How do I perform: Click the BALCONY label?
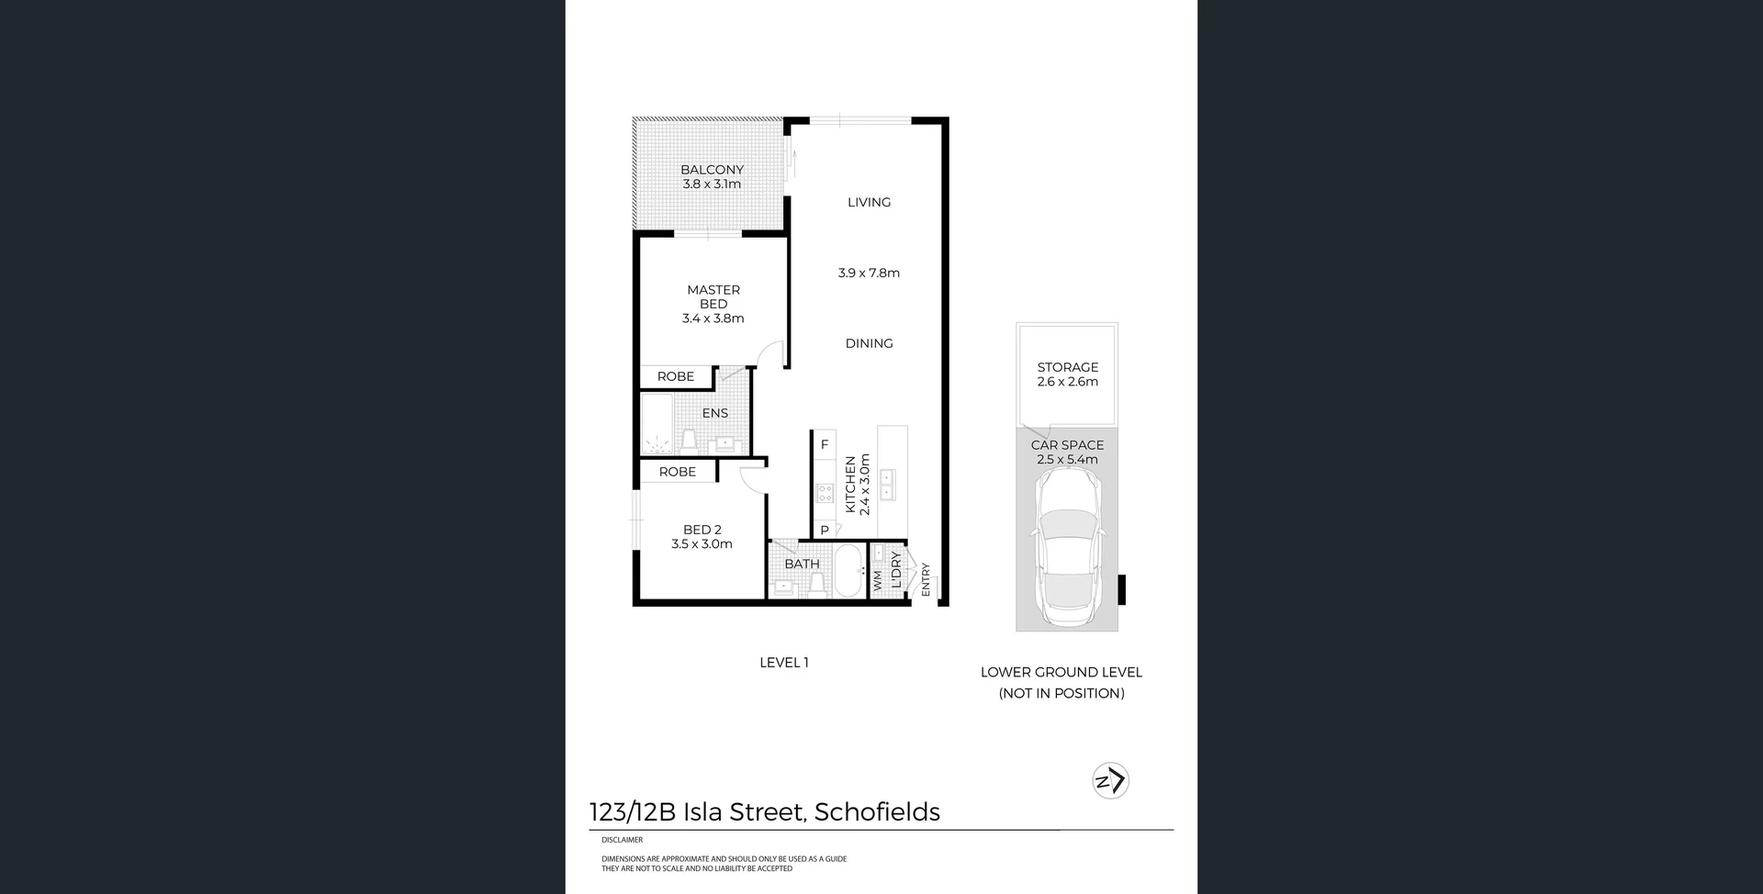[712, 170]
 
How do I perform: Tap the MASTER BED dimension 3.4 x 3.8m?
[713, 318]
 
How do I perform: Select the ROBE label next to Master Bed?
[676, 376]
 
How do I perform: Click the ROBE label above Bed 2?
[678, 472]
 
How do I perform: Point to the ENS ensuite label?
[715, 413]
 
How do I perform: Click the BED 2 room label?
[702, 530]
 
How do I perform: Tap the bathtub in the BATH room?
[848, 571]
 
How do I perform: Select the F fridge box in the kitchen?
[825, 444]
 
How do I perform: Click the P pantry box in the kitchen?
[825, 530]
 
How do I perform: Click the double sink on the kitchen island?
[888, 485]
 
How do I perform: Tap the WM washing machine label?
[878, 580]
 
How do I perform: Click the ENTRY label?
[926, 579]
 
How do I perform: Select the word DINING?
[869, 343]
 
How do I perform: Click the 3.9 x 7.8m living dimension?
[869, 273]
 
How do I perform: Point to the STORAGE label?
[1067, 367]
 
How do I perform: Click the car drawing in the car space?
[1067, 542]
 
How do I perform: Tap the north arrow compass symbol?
[1110, 781]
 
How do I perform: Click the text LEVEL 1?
[783, 663]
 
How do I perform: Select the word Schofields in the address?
[877, 812]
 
